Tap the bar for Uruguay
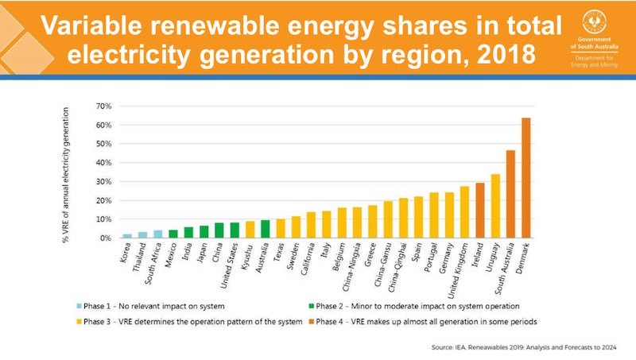pos(495,206)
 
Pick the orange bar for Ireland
pos(479,211)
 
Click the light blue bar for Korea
pos(127,236)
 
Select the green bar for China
pos(219,230)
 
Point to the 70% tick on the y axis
pos(103,106)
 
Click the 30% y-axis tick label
pos(103,181)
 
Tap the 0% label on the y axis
pos(105,238)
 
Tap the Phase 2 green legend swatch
pos(309,306)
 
